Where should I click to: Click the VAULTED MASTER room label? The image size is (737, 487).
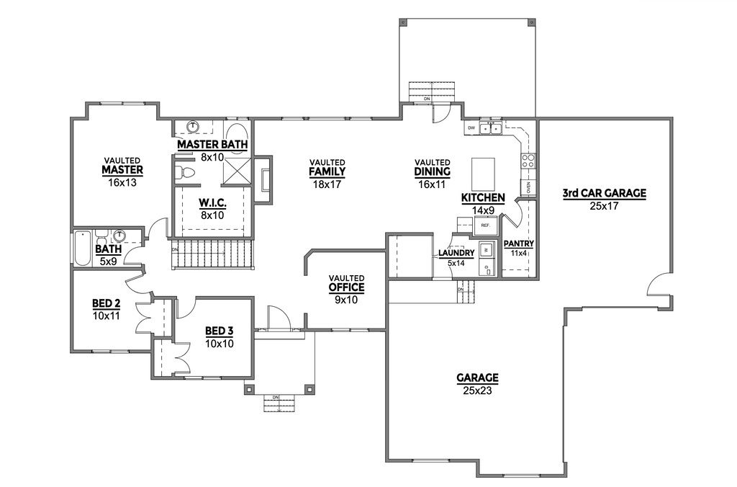point(122,170)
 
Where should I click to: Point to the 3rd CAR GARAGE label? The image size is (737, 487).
point(605,193)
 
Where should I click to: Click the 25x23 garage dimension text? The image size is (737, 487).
point(477,390)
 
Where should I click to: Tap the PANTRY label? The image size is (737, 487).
point(518,243)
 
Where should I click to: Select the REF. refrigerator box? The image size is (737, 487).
point(485,225)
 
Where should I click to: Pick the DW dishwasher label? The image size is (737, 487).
point(471,128)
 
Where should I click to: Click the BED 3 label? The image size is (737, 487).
point(219,331)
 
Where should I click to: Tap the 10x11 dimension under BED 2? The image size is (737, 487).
point(106,316)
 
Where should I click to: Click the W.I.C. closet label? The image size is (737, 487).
point(212,204)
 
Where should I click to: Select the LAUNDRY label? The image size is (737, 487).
point(456,254)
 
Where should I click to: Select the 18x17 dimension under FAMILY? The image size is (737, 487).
point(327,184)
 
